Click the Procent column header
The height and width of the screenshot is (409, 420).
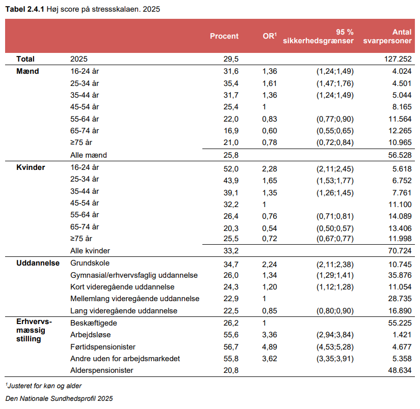pyautogui.click(x=224, y=36)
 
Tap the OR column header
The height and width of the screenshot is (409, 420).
pyautogui.click(x=270, y=36)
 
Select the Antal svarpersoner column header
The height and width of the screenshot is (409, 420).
pyautogui.click(x=387, y=36)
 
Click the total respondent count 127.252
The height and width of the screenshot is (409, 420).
pyautogui.click(x=398, y=59)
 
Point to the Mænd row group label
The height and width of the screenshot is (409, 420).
pyautogui.click(x=28, y=71)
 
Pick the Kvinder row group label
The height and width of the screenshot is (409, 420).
pyautogui.click(x=31, y=167)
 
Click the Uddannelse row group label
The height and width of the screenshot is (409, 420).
pyautogui.click(x=38, y=263)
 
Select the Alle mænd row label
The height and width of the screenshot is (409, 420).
pyautogui.click(x=88, y=155)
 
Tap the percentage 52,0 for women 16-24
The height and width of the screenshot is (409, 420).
pyautogui.click(x=231, y=169)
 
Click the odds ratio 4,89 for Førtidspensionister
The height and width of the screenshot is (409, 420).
pyautogui.click(x=270, y=347)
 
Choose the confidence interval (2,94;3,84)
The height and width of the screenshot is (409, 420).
pyautogui.click(x=335, y=335)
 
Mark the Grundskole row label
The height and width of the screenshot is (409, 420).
pyautogui.click(x=90, y=263)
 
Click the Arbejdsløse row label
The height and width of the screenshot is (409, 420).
pyautogui.click(x=90, y=335)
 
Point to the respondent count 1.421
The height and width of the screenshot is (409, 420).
pyautogui.click(x=402, y=335)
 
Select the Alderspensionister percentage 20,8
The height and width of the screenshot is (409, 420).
pyautogui.click(x=231, y=370)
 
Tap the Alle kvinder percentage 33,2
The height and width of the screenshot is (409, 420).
pyautogui.click(x=231, y=251)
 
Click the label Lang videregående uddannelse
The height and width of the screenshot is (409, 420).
pyautogui.click(x=123, y=311)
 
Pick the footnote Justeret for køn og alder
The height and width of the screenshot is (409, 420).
pyautogui.click(x=44, y=386)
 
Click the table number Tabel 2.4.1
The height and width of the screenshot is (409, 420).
pyautogui.click(x=24, y=9)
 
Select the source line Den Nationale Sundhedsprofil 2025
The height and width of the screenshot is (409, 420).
pyautogui.click(x=59, y=399)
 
